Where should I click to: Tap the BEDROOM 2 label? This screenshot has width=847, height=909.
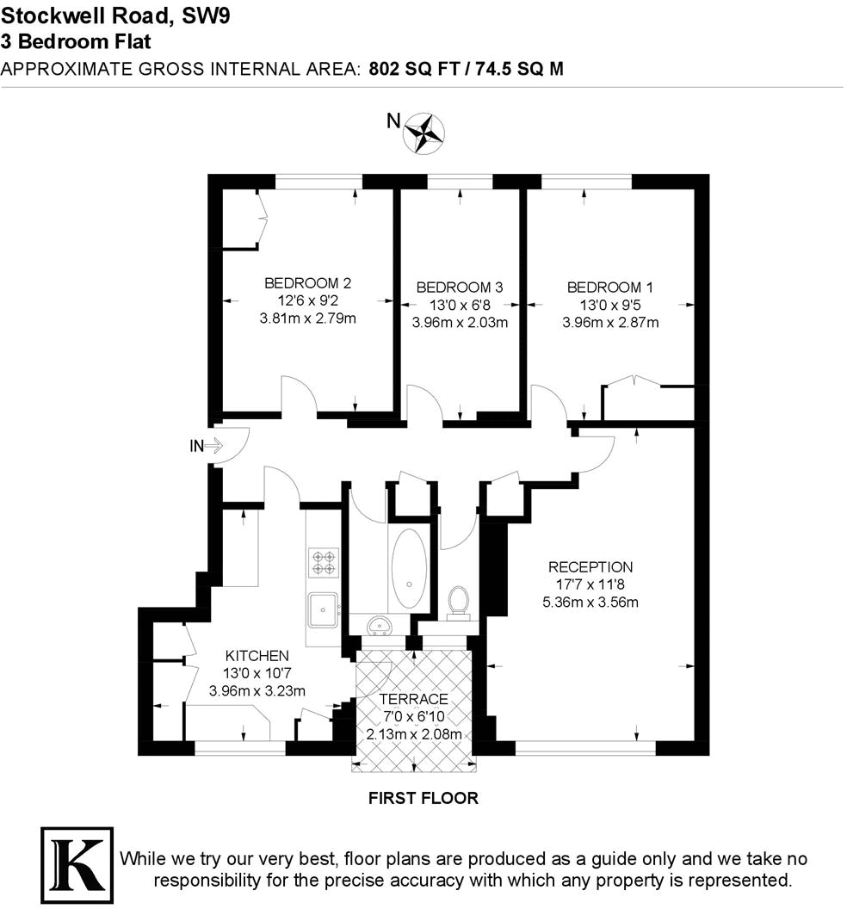[x=307, y=282]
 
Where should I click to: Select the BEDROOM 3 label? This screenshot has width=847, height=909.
[x=459, y=288]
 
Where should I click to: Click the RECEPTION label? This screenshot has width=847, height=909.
[x=590, y=567]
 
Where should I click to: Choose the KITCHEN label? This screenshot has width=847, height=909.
[x=257, y=655]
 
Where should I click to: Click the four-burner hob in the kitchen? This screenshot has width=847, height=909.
[x=324, y=563]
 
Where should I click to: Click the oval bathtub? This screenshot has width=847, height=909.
[x=408, y=568]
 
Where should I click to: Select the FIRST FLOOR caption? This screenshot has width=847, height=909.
[x=423, y=798]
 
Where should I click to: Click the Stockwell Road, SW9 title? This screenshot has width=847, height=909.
[x=115, y=15]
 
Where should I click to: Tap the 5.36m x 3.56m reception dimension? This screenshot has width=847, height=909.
[x=590, y=602]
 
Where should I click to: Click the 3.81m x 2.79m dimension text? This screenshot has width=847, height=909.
[x=307, y=318]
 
